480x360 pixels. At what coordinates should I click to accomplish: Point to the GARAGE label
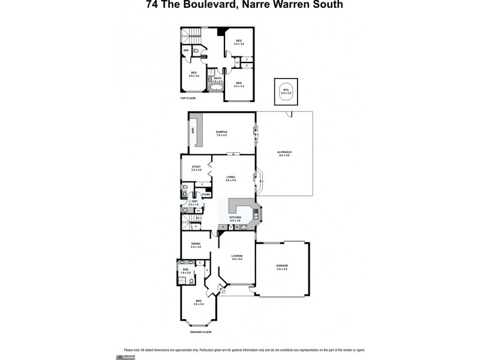282,267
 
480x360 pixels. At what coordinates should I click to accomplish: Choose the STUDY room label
196,167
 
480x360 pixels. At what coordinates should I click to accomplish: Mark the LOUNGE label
236,257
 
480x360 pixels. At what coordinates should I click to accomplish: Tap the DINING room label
196,244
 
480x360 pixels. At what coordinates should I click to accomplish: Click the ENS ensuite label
187,271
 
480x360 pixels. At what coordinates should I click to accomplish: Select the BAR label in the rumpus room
192,130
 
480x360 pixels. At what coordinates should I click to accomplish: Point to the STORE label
205,194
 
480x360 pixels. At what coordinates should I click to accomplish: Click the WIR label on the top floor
186,50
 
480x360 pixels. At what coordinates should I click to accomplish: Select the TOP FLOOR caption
188,98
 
